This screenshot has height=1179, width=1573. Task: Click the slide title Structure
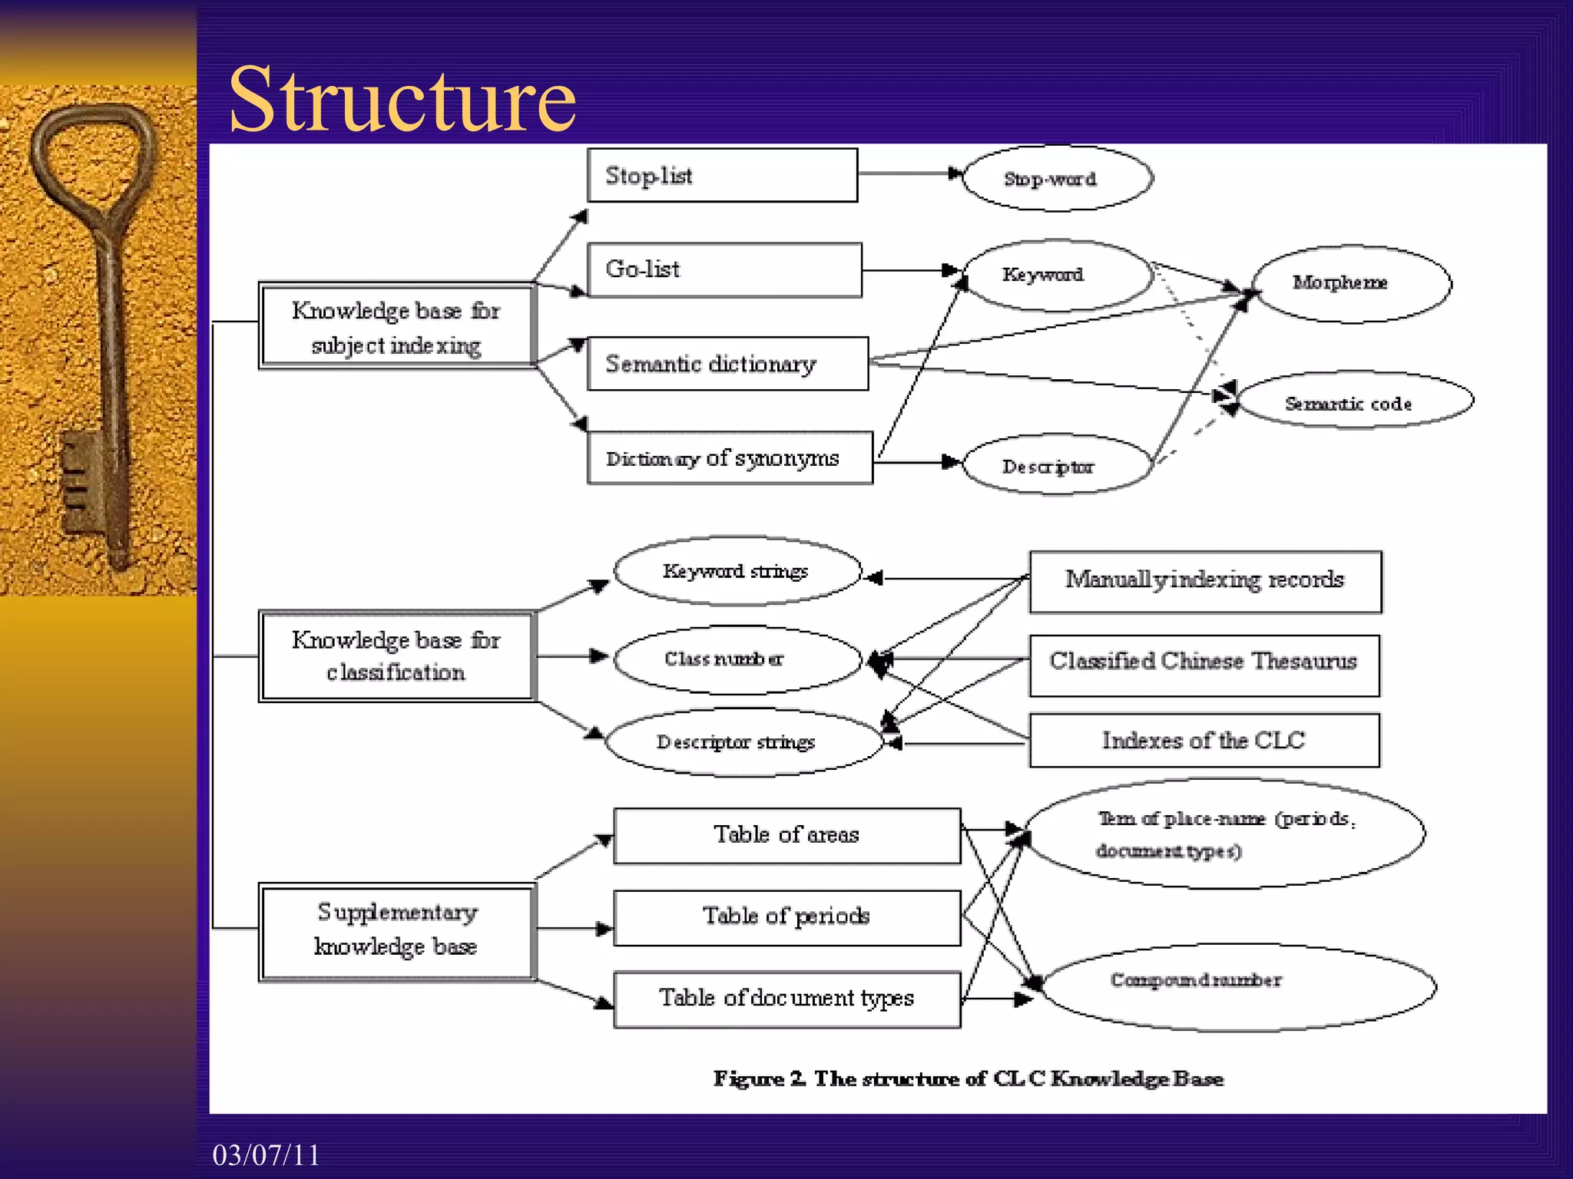402,100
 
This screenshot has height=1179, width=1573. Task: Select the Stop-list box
722,176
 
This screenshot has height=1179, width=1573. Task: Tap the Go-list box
724,269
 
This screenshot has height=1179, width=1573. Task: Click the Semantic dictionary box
727,364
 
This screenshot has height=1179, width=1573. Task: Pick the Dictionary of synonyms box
730,458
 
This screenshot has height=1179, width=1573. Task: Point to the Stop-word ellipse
1057,179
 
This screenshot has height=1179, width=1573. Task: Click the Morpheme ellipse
1351,283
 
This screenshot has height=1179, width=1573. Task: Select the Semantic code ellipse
1355,402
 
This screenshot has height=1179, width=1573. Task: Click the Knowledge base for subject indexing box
396,327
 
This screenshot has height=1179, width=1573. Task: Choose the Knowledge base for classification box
396,656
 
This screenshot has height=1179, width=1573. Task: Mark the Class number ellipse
737,659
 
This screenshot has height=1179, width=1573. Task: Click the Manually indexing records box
1204,581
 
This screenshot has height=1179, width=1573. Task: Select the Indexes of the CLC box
1204,741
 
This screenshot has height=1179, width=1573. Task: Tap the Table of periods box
786,917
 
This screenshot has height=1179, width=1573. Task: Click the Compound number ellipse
1237,987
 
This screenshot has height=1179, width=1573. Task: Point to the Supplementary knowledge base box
396,930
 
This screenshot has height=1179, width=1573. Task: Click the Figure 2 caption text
968,1078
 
